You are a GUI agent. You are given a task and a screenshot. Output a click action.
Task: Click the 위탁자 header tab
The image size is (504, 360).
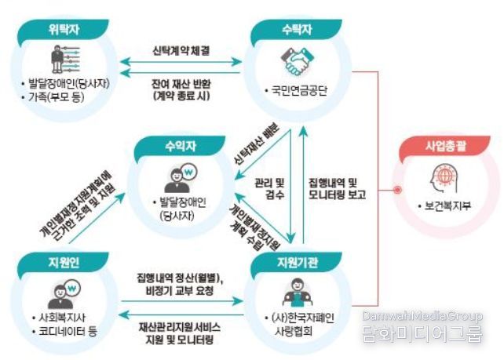[64, 30]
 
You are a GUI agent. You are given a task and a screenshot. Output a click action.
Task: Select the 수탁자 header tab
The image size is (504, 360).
[296, 30]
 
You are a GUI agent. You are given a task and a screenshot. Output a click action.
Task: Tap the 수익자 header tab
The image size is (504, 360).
[180, 147]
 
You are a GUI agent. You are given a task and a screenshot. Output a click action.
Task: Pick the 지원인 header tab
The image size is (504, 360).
[64, 263]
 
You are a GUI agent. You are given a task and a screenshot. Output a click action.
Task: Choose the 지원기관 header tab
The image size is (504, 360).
[296, 263]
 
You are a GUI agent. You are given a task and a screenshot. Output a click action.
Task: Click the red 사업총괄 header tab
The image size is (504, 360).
[445, 147]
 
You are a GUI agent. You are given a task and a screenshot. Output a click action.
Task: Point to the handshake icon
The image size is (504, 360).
[297, 61]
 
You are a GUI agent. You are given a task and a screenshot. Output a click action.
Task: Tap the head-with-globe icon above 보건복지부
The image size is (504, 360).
[444, 179]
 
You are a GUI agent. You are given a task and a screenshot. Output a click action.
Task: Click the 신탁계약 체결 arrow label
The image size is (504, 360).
[181, 51]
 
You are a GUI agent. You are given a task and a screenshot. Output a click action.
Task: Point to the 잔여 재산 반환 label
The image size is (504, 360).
[181, 84]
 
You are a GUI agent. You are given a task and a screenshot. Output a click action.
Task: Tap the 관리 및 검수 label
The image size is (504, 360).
[270, 189]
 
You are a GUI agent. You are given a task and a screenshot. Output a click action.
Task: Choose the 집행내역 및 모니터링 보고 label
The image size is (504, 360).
[338, 189]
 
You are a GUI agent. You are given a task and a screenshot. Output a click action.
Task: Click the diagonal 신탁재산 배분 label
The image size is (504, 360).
[256, 145]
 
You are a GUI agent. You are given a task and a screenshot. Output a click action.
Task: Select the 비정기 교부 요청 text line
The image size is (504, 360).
[180, 291]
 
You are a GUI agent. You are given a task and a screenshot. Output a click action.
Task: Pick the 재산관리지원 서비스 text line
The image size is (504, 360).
[180, 327]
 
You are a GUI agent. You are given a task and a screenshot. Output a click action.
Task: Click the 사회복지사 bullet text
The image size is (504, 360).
[62, 318]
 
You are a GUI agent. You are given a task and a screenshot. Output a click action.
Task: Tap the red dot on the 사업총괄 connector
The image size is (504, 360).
[398, 190]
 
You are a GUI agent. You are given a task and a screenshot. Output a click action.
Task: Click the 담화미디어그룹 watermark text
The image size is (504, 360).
[422, 333]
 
